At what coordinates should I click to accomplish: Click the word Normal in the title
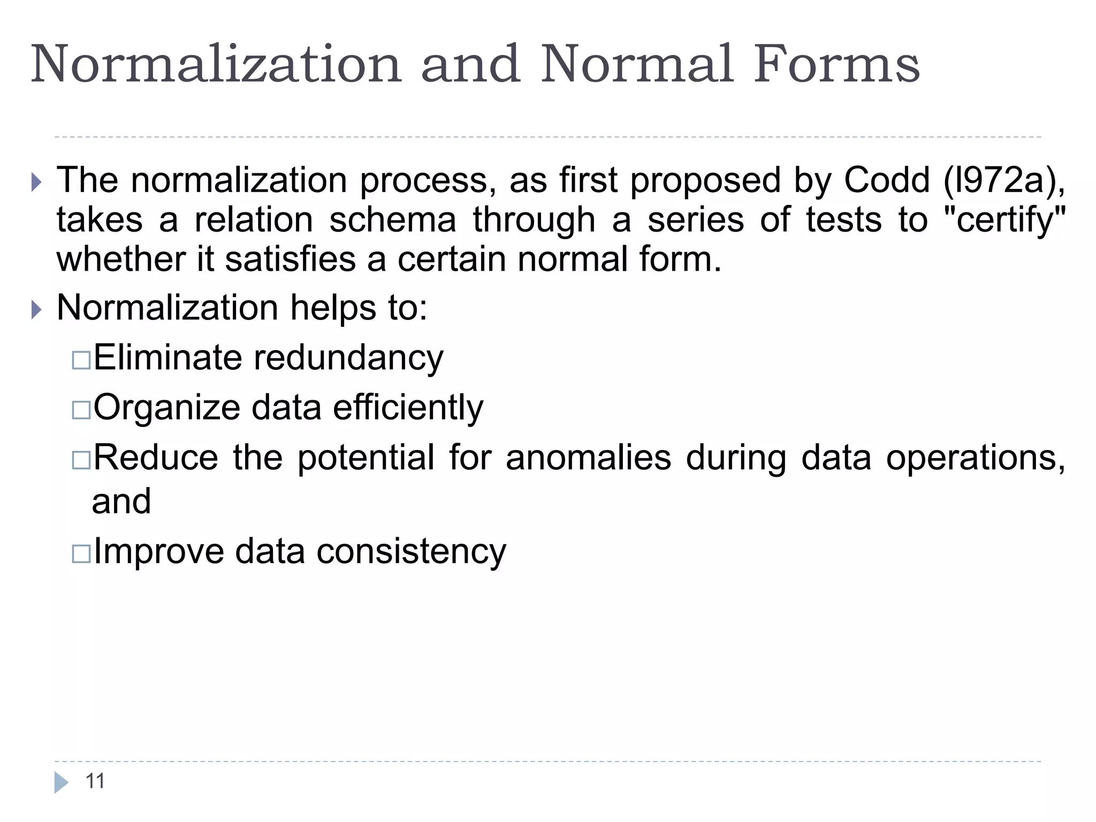pyautogui.click(x=636, y=65)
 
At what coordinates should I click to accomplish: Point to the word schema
pyautogui.click(x=393, y=220)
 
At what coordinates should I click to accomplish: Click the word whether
pyautogui.click(x=121, y=260)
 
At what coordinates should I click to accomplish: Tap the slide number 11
pyautogui.click(x=95, y=781)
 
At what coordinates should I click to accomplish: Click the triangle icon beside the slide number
pyautogui.click(x=61, y=782)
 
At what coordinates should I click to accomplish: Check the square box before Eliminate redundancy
pyautogui.click(x=81, y=360)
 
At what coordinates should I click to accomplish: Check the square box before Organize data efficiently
pyautogui.click(x=81, y=410)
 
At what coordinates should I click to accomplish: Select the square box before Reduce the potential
pyautogui.click(x=81, y=460)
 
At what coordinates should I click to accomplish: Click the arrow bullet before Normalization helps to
pyautogui.click(x=36, y=309)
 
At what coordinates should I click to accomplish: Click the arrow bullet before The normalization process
pyautogui.click(x=36, y=182)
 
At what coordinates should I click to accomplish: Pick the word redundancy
pyautogui.click(x=348, y=358)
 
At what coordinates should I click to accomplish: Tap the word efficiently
pyautogui.click(x=408, y=408)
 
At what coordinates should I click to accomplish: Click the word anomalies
pyautogui.click(x=588, y=458)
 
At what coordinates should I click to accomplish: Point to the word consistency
pyautogui.click(x=411, y=552)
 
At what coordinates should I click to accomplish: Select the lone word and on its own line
pyautogui.click(x=121, y=501)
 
